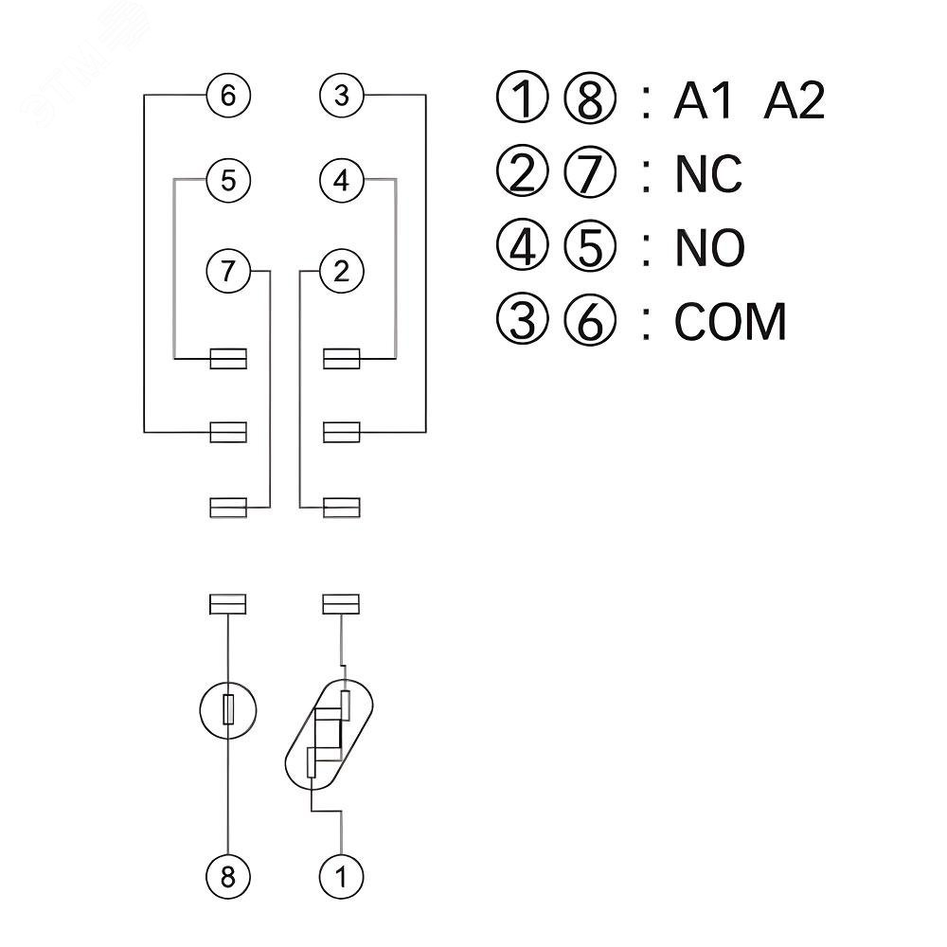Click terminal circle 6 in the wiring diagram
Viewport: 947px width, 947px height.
228,96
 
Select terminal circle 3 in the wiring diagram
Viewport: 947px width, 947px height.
342,96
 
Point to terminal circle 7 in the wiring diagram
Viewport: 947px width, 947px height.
228,272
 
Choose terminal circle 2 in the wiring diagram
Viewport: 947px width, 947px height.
342,272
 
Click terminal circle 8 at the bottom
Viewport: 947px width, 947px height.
228,876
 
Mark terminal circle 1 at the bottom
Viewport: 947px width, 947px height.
342,876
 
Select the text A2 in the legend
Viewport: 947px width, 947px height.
794,100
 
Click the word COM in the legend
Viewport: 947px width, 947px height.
730,322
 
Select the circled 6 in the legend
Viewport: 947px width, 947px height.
590,322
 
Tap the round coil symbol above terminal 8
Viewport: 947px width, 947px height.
228,710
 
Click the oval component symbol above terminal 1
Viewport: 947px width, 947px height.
330,734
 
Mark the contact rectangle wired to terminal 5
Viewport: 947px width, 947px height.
228,358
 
